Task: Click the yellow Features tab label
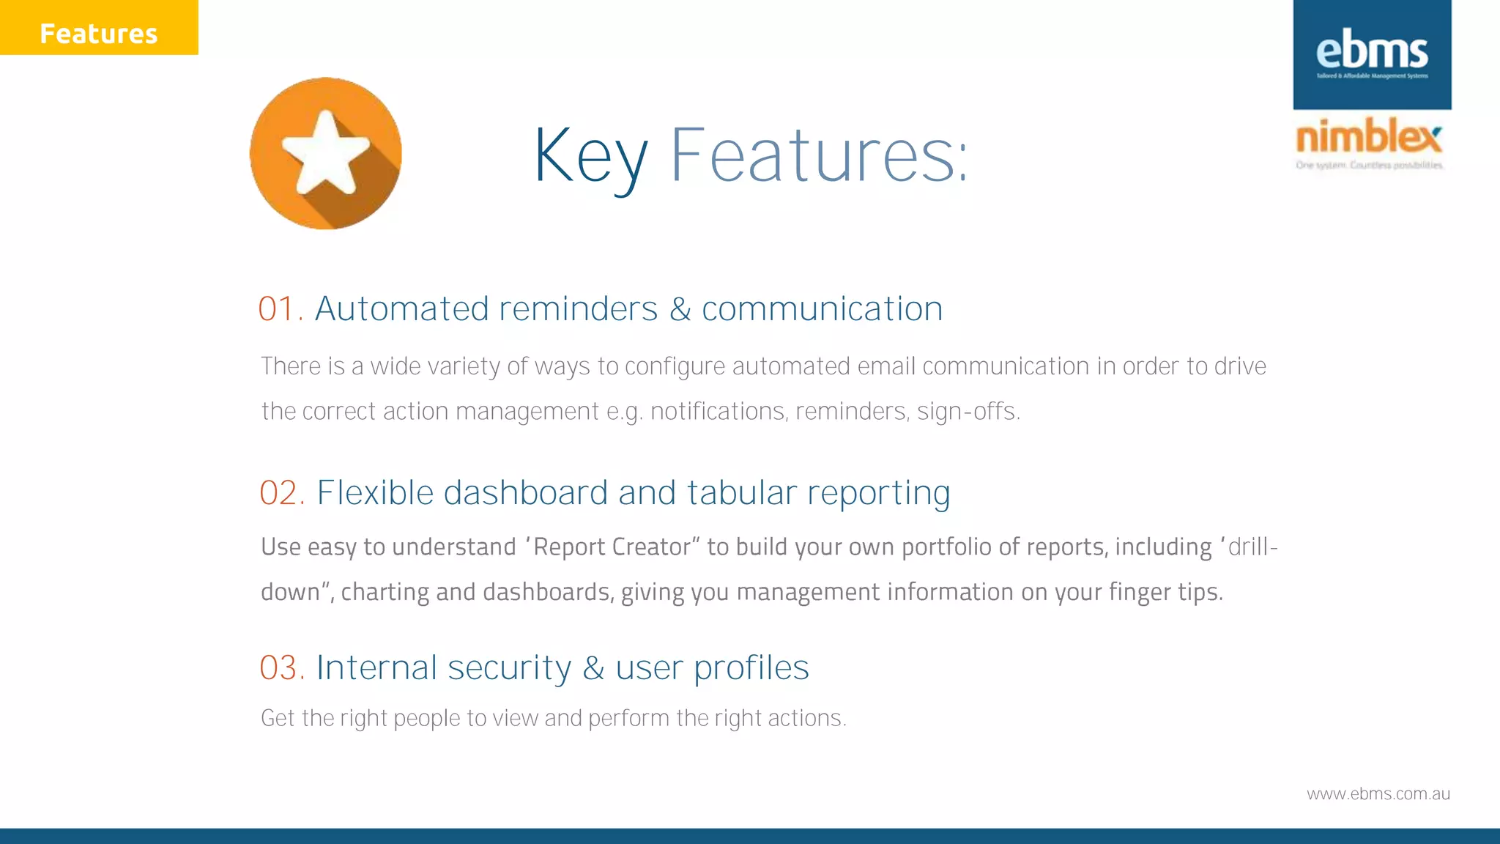point(98,34)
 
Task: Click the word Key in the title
point(590,156)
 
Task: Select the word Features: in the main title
point(819,155)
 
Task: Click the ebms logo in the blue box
point(1372,53)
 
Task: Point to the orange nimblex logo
point(1369,137)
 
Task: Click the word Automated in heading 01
point(401,309)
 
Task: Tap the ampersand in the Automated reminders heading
point(680,309)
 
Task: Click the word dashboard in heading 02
point(525,493)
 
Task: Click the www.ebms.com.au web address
point(1378,794)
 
